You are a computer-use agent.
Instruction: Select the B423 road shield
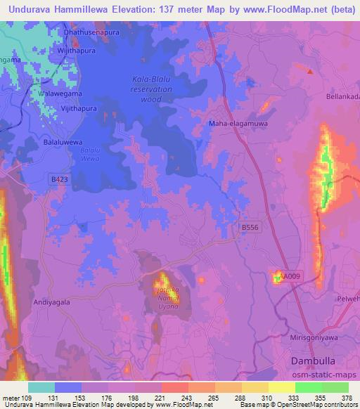click(x=60, y=180)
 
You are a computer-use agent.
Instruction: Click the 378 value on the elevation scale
click(x=348, y=397)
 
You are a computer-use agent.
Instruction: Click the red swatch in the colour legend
click(x=175, y=387)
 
